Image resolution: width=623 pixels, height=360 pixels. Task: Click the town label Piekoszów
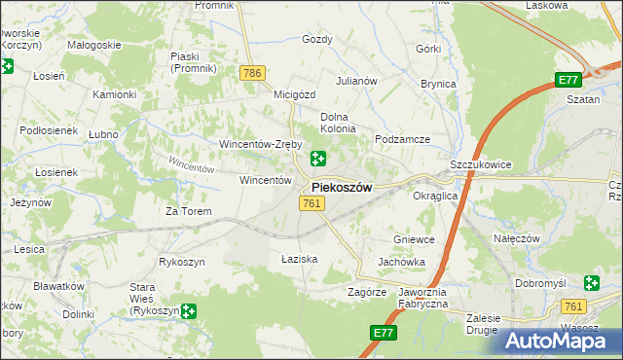pos(341,188)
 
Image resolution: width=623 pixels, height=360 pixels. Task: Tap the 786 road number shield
pos(253,73)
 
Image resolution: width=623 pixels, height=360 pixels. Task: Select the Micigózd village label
pos(295,94)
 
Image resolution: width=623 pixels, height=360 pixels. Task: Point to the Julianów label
pos(356,81)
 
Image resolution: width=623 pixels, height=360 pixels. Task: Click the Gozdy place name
pos(317,40)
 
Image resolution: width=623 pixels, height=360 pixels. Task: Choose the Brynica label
pos(438,84)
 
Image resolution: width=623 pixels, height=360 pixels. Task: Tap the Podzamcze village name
pos(403,139)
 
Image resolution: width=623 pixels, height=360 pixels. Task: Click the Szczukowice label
pos(481,165)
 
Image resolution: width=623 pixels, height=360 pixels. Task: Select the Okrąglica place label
pos(435,196)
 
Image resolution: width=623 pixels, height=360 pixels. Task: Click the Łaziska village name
pos(300,259)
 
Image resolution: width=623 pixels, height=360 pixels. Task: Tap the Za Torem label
pos(188,210)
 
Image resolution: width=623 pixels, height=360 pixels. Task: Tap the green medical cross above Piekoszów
pos(318,159)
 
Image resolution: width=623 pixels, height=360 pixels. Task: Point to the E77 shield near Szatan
pos(569,80)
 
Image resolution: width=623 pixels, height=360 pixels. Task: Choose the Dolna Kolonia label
pos(339,122)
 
